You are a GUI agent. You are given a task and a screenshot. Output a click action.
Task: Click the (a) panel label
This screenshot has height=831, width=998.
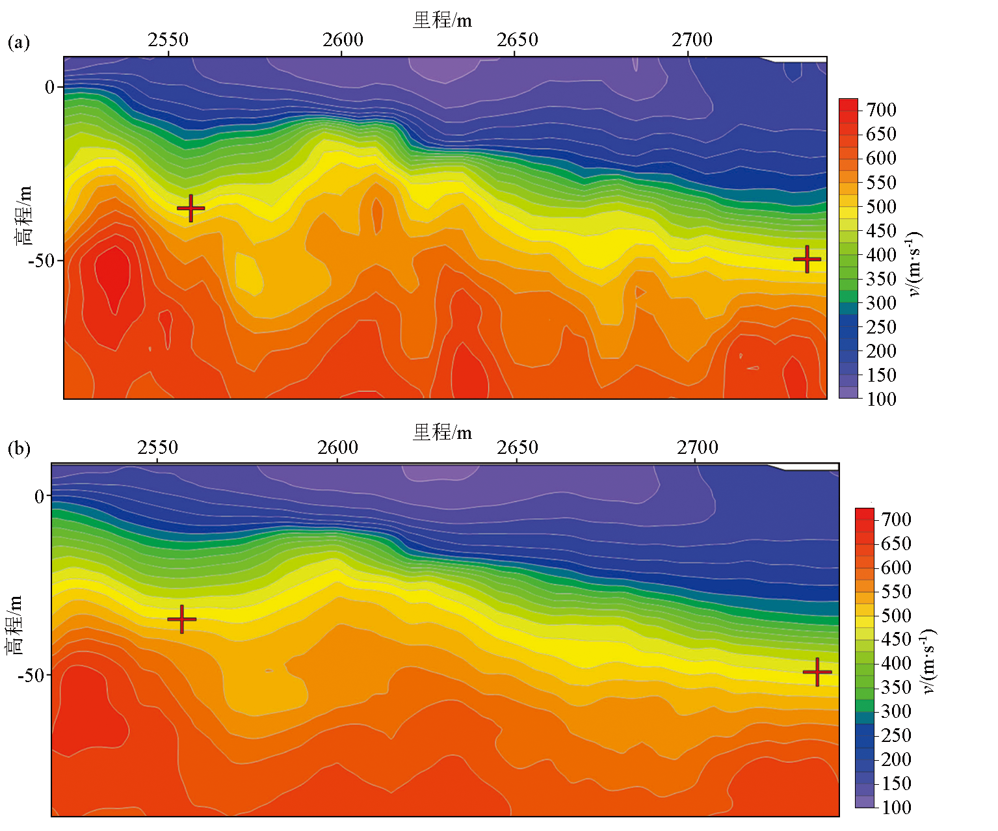pos(19,43)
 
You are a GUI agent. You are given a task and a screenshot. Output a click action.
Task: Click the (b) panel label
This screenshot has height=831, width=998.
pos(19,448)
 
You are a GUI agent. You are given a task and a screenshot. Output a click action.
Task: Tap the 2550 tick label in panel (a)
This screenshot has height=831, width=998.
pos(168,40)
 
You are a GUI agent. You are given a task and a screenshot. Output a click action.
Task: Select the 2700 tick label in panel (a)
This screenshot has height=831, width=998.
pos(692,40)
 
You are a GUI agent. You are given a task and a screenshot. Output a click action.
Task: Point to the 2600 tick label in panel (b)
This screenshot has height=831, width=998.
pos(337,447)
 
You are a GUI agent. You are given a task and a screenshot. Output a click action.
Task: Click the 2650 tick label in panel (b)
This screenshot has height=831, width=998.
pos(518,447)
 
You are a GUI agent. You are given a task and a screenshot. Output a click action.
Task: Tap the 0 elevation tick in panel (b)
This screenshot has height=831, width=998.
pos(40,497)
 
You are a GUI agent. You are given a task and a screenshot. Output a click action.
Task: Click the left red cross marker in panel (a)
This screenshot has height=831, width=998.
pos(190,208)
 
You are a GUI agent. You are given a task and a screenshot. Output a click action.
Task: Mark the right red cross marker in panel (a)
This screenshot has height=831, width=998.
pos(807,259)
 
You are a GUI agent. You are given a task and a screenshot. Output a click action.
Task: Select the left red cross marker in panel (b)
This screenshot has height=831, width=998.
pos(181,619)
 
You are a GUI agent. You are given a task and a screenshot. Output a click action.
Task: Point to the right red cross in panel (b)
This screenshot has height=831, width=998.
pos(817,672)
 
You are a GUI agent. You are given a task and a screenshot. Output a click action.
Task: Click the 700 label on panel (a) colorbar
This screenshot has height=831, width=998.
pos(881,110)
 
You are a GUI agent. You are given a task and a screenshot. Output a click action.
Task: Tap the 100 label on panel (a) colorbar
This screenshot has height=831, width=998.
pos(881,399)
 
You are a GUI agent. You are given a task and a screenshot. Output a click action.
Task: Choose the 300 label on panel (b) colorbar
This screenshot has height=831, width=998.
pos(896,711)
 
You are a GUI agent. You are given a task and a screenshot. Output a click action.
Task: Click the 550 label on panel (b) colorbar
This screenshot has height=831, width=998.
pos(896,592)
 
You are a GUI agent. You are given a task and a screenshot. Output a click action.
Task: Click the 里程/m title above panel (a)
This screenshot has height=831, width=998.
pos(442,21)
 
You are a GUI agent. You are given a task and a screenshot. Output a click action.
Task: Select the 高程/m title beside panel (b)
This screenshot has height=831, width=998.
pos(15,624)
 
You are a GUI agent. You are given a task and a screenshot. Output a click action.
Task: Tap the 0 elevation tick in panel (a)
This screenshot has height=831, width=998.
pos(49,87)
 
